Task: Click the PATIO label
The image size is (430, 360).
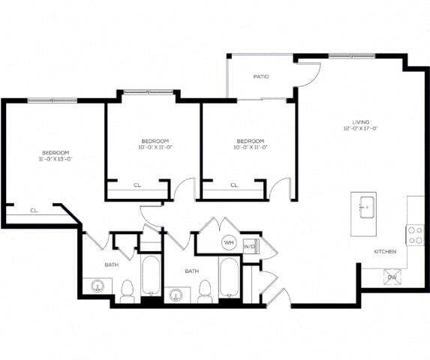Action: click(261, 76)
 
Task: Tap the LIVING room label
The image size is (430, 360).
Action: click(362, 121)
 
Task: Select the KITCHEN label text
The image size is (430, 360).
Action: click(385, 251)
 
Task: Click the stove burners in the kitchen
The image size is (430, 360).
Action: click(415, 235)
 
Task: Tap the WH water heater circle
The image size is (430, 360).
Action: click(228, 243)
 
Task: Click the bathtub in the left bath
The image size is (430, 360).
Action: click(151, 276)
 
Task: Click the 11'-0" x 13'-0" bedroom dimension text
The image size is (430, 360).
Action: click(56, 158)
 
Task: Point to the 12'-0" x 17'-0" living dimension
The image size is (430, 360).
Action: click(362, 129)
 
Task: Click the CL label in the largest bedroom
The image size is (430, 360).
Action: click(34, 210)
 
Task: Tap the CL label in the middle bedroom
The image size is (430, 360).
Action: click(137, 184)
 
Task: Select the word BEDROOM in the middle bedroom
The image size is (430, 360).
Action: click(155, 141)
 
